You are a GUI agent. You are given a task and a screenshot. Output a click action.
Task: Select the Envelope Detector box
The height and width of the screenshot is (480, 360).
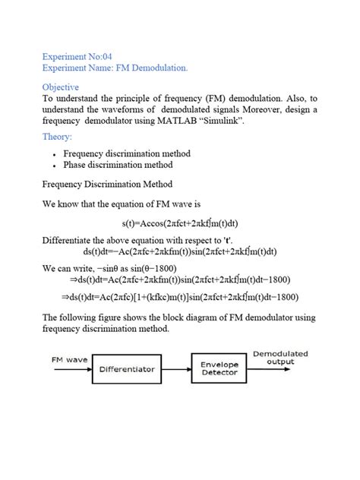(219, 370)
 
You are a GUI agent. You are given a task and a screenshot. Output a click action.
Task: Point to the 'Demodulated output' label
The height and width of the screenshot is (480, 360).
(279, 357)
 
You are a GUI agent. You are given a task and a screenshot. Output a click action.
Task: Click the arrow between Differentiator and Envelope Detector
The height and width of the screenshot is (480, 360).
(176, 370)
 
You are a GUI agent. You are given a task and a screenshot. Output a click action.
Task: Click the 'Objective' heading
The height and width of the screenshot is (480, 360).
(61, 87)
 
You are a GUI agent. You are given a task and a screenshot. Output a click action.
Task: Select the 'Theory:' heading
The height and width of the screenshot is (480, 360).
(58, 137)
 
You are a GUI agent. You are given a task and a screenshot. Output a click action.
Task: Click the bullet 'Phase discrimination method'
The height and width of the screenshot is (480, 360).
(117, 165)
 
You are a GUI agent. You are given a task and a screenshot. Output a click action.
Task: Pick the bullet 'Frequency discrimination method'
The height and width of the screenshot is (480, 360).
(126, 153)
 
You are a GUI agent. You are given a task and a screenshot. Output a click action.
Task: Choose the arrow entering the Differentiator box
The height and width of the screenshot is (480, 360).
(76, 370)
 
